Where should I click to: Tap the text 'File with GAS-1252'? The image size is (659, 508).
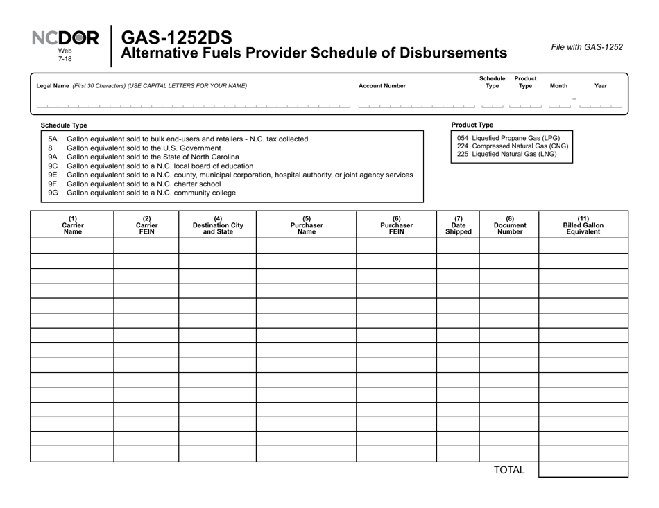pyautogui.click(x=586, y=47)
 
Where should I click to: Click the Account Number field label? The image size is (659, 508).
pyautogui.click(x=382, y=86)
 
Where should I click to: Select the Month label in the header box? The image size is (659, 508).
pyautogui.click(x=558, y=86)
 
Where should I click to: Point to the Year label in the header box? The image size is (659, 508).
pyautogui.click(x=600, y=86)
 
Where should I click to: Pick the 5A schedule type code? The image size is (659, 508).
pyautogui.click(x=53, y=139)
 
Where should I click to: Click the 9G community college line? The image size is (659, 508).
pyautogui.click(x=151, y=193)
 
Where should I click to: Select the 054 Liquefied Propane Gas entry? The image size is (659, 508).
pyautogui.click(x=508, y=138)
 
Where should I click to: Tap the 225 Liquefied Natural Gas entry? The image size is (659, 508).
pyautogui.click(x=506, y=155)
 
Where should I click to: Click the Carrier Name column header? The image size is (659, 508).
pyautogui.click(x=72, y=225)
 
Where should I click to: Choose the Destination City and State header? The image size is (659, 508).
pyautogui.click(x=217, y=225)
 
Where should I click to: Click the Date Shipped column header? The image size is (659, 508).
pyautogui.click(x=458, y=225)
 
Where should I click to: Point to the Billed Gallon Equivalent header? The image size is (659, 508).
pyautogui.click(x=583, y=225)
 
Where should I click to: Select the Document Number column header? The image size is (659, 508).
pyautogui.click(x=508, y=225)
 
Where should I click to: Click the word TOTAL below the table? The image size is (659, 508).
pyautogui.click(x=508, y=471)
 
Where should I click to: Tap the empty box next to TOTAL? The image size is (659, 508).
pyautogui.click(x=583, y=470)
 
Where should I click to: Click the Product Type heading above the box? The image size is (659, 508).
pyautogui.click(x=472, y=125)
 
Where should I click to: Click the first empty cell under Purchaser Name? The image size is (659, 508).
pyautogui.click(x=306, y=246)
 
